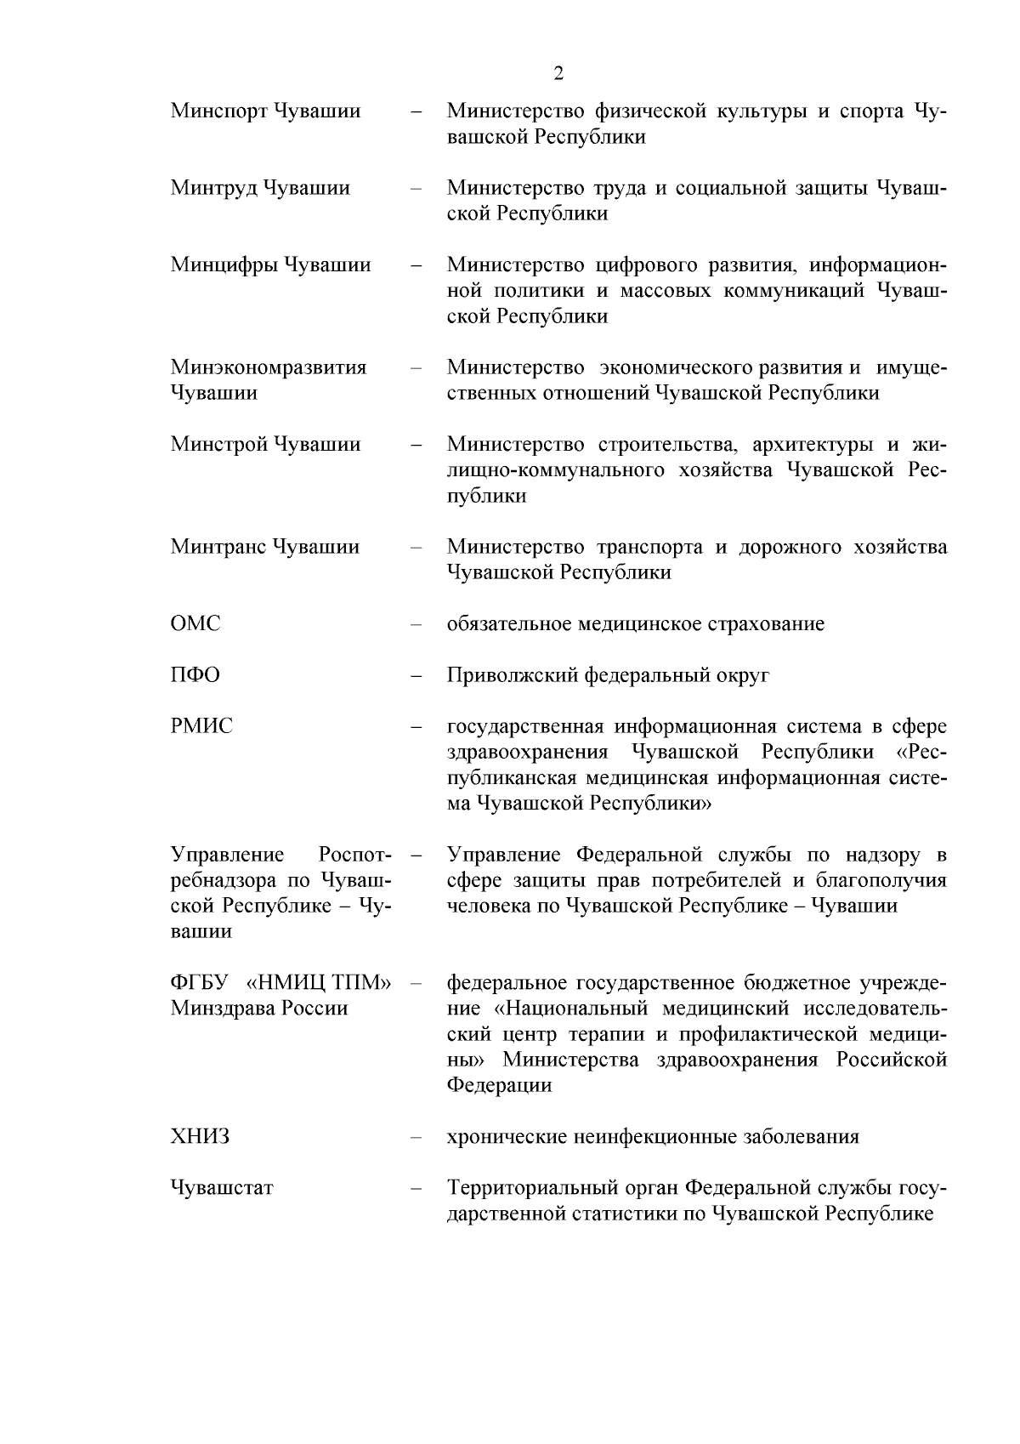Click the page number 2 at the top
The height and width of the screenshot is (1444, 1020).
coord(558,73)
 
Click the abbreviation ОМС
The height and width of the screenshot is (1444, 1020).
coord(195,624)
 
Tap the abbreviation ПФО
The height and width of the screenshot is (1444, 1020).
coord(195,675)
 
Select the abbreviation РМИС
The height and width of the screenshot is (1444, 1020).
coord(201,726)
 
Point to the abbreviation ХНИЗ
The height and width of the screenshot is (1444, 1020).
coord(200,1137)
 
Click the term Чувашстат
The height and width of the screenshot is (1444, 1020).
coord(222,1188)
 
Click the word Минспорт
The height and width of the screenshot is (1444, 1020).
coord(218,111)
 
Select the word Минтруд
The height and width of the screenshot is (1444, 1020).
coord(213,188)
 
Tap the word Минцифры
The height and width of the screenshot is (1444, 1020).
coord(224,265)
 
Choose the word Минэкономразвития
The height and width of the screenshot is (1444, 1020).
coord(269,367)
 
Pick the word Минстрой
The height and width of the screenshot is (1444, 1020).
coord(218,444)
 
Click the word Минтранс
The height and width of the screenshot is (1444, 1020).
coord(218,547)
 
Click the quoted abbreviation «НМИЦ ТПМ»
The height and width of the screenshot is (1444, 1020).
coord(319,983)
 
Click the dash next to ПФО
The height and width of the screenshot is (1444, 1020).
coord(416,676)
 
